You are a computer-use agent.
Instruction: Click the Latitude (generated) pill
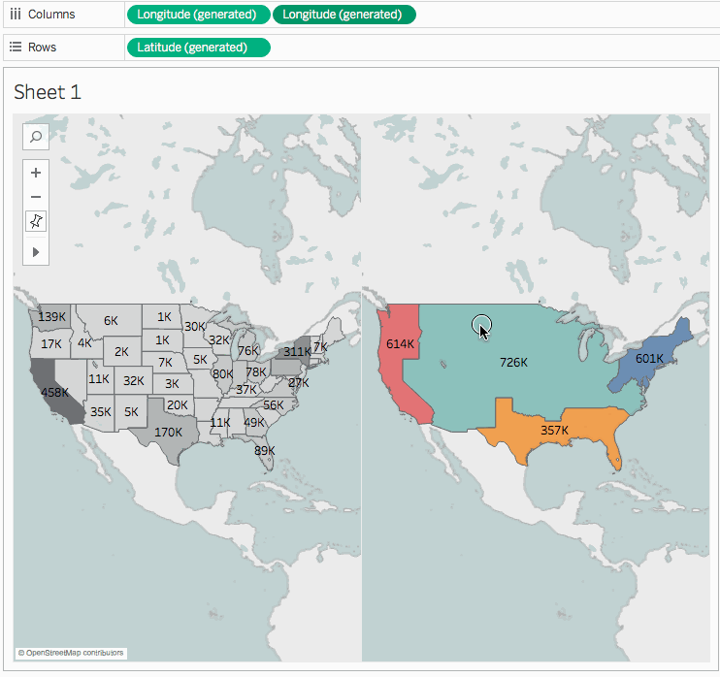coord(198,48)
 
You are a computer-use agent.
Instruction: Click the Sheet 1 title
coord(48,92)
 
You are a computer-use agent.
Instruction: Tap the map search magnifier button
coord(36,137)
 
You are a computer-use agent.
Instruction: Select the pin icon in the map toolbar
coord(36,221)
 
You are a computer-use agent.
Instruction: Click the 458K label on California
coord(53,393)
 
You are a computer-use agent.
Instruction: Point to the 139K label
coord(52,316)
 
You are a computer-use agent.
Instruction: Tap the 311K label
coord(297,351)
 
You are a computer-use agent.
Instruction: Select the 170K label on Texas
coord(168,432)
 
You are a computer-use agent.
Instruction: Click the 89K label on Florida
coord(264,450)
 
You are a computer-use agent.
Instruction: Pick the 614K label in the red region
coord(401,343)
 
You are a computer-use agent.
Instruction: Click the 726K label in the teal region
coord(513,362)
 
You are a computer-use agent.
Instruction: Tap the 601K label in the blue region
coord(649,358)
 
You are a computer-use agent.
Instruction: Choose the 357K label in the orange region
coord(554,430)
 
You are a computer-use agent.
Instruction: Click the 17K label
coord(51,343)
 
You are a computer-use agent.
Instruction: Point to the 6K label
coord(111,320)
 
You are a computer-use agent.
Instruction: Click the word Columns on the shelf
coord(51,15)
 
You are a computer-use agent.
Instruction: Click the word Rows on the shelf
coord(43,48)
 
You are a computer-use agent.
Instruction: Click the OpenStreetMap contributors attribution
coord(71,653)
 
